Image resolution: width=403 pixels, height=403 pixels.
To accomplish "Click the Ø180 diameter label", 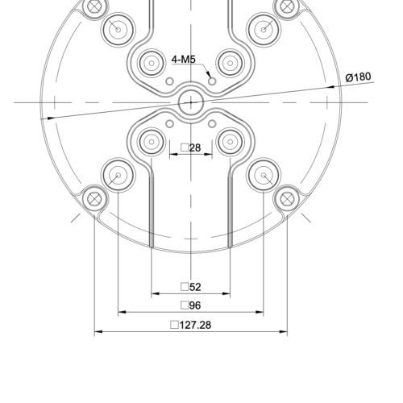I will [x=358, y=77].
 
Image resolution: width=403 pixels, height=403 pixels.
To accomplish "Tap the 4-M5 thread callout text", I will [x=185, y=59].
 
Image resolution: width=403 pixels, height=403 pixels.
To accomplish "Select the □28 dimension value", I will [x=191, y=147].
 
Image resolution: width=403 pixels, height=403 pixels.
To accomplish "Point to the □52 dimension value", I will [x=191, y=287].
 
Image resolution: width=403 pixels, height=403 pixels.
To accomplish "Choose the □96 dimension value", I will [x=191, y=305].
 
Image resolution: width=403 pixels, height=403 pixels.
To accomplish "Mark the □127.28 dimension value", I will [x=191, y=325].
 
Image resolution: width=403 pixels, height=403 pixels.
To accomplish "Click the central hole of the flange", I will [x=191, y=101].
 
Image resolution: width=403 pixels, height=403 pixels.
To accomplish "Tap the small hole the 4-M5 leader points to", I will [x=212, y=81].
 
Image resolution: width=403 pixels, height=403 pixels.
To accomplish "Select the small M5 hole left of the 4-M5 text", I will [x=169, y=81].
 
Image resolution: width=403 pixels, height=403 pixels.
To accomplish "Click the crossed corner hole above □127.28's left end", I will [x=95, y=197].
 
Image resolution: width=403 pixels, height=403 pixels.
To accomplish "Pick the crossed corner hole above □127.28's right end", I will [x=286, y=197].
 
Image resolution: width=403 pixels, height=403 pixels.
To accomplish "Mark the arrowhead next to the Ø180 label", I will [x=334, y=85].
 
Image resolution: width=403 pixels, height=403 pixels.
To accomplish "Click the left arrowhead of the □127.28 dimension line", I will [x=98, y=331].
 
